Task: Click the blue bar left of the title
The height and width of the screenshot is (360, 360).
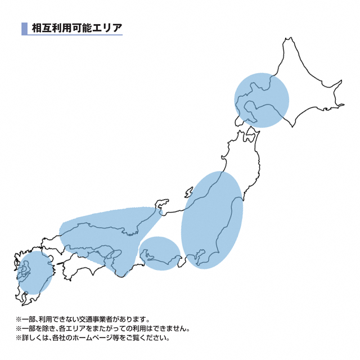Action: click(x=24, y=28)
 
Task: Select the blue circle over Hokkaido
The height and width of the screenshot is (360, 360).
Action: click(x=262, y=100)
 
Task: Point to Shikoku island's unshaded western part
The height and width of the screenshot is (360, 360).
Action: click(x=76, y=269)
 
